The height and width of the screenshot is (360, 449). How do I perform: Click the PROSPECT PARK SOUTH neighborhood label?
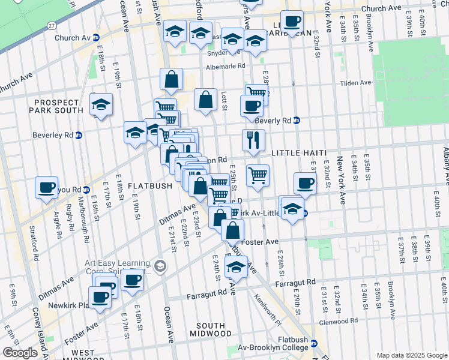tap(58, 106)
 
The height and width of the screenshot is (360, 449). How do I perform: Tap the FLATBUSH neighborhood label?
tap(151, 186)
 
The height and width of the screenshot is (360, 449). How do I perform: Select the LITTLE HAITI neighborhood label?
tap(298, 154)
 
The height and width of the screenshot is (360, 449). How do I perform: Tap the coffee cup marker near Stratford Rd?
tap(46, 187)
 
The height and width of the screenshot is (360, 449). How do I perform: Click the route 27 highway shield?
tap(53, 26)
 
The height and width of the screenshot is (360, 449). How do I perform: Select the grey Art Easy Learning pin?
tap(160, 265)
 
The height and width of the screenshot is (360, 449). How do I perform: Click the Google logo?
tap(20, 353)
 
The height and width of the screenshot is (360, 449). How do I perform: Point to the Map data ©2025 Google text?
tap(412, 355)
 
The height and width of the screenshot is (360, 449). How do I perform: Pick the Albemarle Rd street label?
tap(225, 66)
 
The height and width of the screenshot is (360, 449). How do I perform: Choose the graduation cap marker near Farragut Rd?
tap(237, 268)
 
